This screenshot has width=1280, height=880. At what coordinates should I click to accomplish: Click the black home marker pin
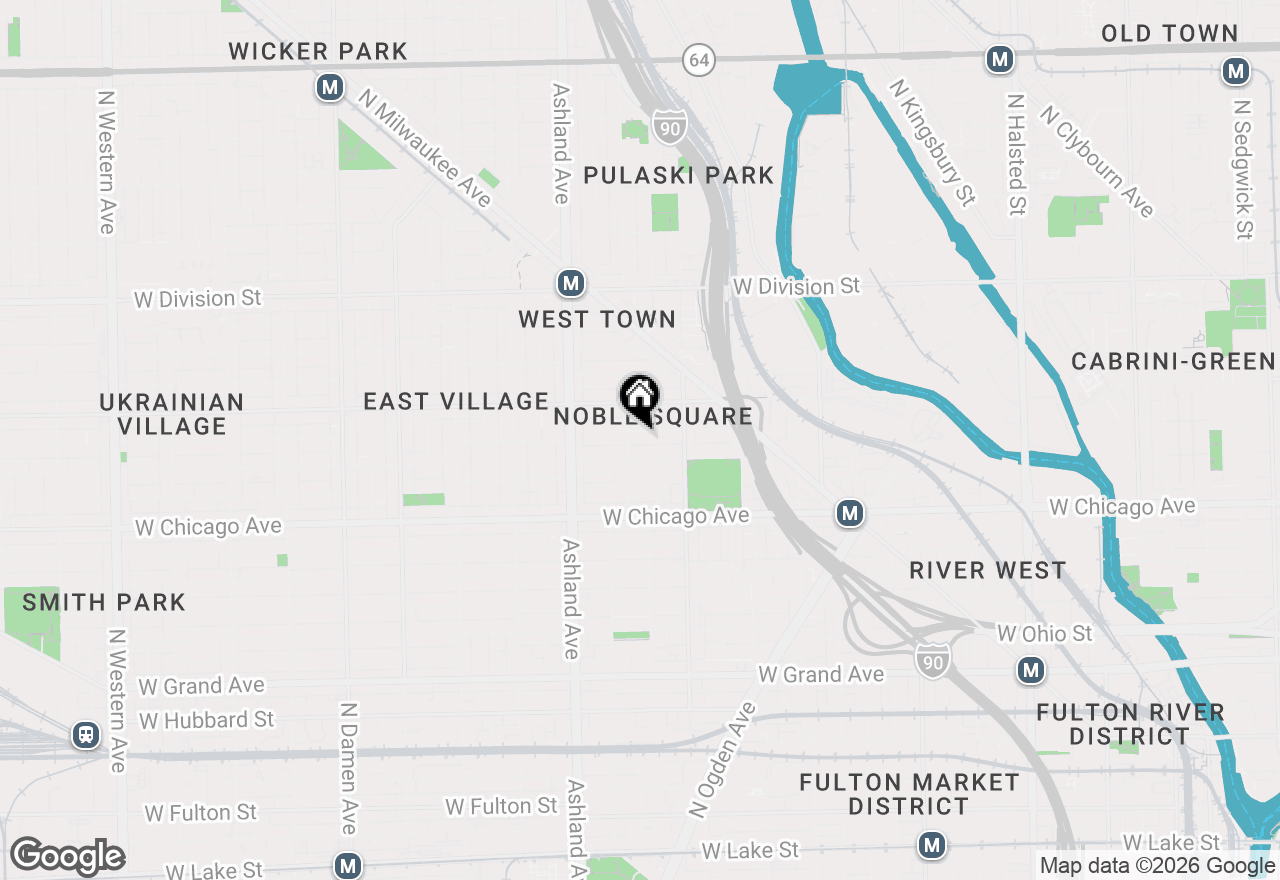point(639,397)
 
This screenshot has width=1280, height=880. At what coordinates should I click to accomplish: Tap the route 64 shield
point(699,59)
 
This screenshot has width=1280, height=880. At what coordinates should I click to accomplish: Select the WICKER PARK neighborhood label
point(318,51)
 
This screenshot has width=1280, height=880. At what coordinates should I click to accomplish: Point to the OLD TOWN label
point(1169,33)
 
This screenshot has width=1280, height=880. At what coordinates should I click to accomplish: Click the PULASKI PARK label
point(678,176)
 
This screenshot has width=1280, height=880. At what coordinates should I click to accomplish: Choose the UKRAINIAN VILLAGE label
point(172,414)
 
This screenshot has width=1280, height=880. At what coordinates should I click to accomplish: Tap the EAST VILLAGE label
point(456,401)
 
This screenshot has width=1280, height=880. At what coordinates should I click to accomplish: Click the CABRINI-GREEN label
point(1174,361)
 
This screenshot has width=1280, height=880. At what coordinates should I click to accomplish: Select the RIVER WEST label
point(987,570)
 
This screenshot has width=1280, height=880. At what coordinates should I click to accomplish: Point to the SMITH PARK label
point(104,602)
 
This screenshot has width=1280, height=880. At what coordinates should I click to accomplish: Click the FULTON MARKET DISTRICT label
point(909,794)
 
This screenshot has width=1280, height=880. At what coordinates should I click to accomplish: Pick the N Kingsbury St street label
point(931,143)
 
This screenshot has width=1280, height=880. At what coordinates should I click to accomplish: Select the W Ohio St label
point(1045,633)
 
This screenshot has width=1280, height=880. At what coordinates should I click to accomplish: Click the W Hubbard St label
point(207,720)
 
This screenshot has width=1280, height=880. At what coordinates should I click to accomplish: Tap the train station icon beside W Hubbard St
point(86,736)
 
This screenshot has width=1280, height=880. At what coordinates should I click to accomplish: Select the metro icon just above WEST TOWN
point(570,283)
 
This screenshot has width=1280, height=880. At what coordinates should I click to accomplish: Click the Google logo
point(68,856)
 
